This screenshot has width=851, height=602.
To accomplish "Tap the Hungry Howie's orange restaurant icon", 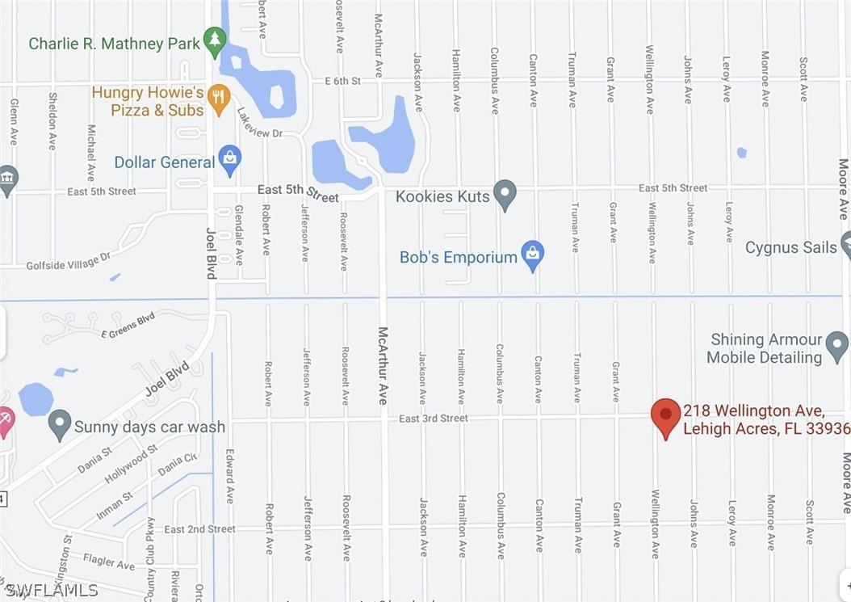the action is [x=219, y=99].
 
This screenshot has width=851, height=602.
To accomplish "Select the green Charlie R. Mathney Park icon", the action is [x=214, y=41].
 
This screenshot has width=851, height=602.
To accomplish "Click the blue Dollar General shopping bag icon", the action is [x=230, y=160].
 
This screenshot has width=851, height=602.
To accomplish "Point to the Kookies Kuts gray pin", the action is [x=505, y=194].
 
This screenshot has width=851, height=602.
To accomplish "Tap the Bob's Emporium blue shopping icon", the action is [x=532, y=255].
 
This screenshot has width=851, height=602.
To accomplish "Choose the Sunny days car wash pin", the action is [x=60, y=424].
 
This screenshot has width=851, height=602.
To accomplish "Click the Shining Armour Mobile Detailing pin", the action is [x=836, y=347].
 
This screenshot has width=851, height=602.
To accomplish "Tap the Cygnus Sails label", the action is [x=790, y=247].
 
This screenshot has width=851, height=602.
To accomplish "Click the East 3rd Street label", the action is [x=433, y=419].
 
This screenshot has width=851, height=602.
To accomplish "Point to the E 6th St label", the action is [x=342, y=81].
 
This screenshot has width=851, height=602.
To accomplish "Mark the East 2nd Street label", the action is [x=199, y=529].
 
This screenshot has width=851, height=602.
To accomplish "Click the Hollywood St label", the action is [x=130, y=464].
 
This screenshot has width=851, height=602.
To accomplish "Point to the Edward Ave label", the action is [x=229, y=476].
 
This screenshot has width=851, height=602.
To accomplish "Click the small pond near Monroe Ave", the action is [x=741, y=152].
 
